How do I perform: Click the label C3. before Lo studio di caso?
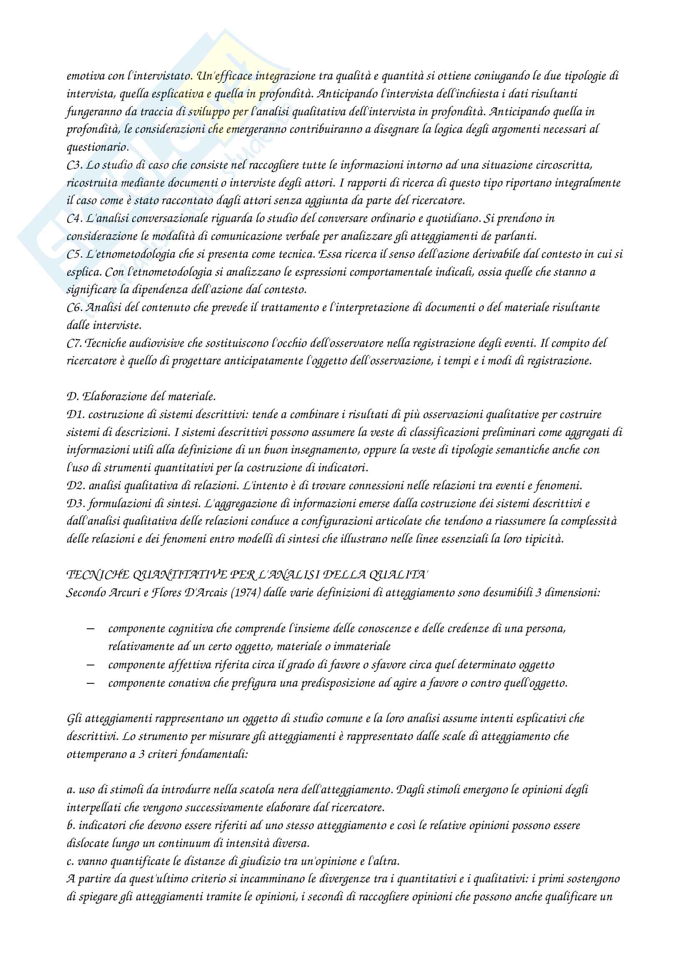(x=75, y=165)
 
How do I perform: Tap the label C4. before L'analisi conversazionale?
(x=75, y=219)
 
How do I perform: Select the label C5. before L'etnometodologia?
(x=75, y=254)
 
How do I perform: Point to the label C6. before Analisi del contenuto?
(x=75, y=308)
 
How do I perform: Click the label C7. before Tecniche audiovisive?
(x=75, y=344)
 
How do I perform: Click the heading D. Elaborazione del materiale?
(x=141, y=397)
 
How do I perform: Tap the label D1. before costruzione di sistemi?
(x=75, y=415)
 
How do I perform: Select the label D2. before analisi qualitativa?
(x=75, y=486)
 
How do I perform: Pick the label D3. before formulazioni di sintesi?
(x=75, y=504)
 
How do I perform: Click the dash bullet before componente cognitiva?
(x=90, y=628)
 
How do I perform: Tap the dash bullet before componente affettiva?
(x=90, y=665)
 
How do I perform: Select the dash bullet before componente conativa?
(x=90, y=683)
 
